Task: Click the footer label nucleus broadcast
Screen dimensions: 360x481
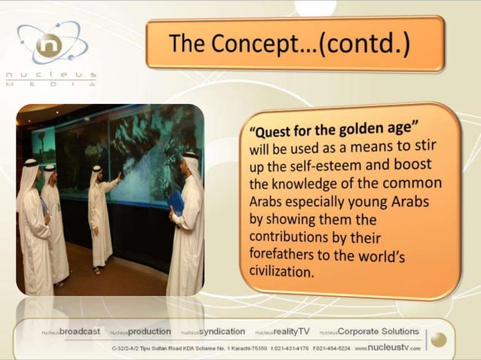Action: (x=72, y=331)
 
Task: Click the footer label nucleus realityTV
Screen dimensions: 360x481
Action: (x=282, y=331)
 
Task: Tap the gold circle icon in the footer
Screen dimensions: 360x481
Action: (x=439, y=340)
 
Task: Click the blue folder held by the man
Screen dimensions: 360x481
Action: (x=176, y=202)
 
